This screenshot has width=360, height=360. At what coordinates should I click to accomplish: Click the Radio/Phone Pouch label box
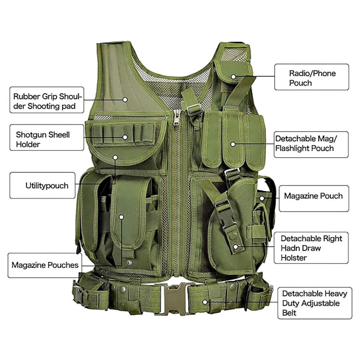coord(312,77)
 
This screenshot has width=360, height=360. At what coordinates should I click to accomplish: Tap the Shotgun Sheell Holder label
coord(46,139)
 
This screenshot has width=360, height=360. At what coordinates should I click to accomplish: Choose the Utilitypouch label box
coord(46,185)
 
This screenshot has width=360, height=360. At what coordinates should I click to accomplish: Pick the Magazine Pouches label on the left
coord(45,265)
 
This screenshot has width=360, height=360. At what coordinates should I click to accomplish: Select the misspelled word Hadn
coord(291,248)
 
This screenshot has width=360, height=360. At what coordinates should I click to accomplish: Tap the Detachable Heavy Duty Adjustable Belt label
coord(314,303)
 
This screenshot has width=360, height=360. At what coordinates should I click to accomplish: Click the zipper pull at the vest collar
coord(177,118)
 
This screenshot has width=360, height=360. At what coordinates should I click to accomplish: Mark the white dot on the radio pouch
coord(233,76)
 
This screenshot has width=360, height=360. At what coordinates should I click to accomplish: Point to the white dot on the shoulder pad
coord(125,99)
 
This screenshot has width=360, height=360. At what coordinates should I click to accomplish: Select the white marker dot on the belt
coord(205,301)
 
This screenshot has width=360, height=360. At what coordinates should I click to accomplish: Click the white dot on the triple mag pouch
coord(232,144)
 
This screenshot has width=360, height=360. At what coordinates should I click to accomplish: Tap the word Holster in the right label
coord(294,258)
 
